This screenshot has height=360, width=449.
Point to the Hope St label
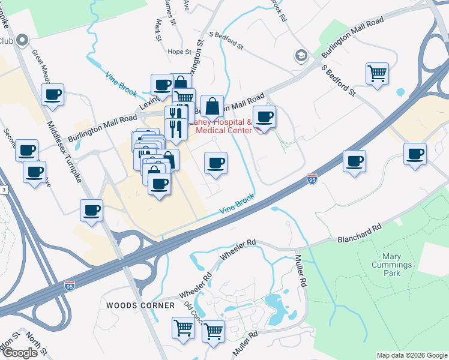tap(179, 52)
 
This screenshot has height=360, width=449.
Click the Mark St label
tap(158, 29)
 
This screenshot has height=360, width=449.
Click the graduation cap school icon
tap(300, 56)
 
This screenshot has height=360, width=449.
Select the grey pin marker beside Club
tap(22, 40)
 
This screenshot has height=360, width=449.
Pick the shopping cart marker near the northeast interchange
tap(377, 74)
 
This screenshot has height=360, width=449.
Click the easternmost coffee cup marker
tap(415, 154)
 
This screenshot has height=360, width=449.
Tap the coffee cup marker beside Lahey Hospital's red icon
tap(264, 116)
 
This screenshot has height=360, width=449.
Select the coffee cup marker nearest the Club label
tap(53, 94)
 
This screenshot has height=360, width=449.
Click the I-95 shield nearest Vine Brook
tap(312, 179)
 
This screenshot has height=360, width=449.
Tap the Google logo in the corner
tap(20, 353)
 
